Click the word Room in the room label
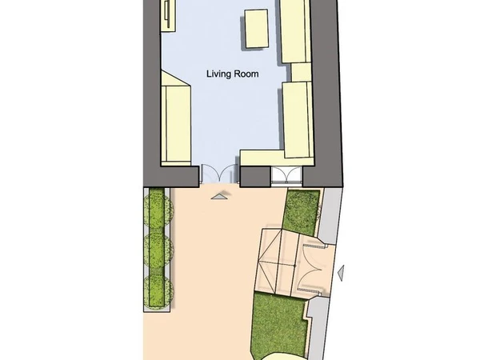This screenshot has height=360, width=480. [x=246, y=74]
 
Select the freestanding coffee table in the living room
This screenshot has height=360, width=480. [x=257, y=29]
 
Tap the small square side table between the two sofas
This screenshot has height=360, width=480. [x=302, y=72]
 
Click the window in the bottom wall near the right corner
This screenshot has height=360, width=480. [x=287, y=176]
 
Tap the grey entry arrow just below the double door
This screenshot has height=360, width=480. [x=219, y=197]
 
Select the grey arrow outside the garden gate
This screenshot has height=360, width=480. [x=341, y=273]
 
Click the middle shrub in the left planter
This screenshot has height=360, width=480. [x=158, y=249]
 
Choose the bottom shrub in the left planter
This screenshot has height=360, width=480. [x=158, y=291]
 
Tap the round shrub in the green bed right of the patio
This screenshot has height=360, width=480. [x=302, y=212]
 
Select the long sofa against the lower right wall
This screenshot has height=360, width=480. [x=298, y=120]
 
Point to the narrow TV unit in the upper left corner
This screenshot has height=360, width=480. [x=168, y=15]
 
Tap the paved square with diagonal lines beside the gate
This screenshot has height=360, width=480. [x=278, y=262]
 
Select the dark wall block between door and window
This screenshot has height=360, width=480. [x=255, y=177]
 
